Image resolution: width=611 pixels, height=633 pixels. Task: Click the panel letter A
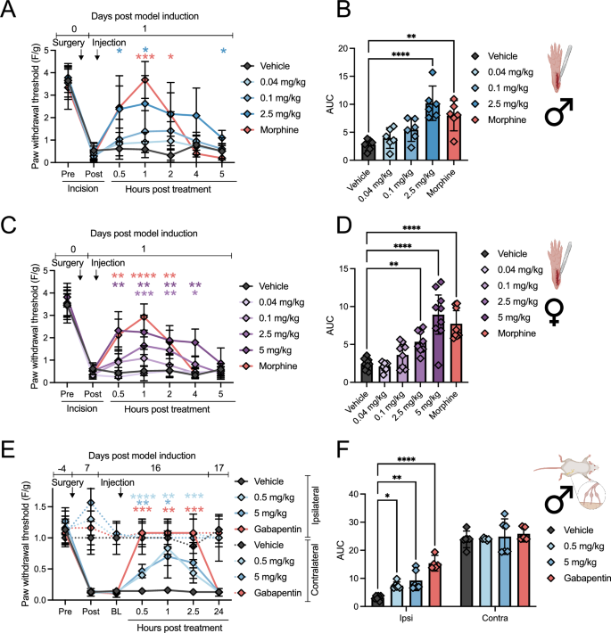point(8,9)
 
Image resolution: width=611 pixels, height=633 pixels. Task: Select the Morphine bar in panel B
point(454,136)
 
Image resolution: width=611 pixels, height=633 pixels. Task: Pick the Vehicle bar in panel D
point(367,372)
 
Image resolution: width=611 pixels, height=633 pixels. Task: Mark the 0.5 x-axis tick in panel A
point(119,174)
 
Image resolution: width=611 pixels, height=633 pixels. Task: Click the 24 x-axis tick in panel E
point(219,612)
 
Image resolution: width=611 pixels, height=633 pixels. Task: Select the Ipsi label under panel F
point(406,618)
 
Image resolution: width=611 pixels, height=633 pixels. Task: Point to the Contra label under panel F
point(495,618)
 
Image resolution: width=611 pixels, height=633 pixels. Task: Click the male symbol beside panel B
point(559,111)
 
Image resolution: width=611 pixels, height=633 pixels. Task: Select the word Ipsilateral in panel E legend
point(316,505)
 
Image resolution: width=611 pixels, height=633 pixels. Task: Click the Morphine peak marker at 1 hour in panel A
point(144,80)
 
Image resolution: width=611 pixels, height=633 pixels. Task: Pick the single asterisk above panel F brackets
point(387,496)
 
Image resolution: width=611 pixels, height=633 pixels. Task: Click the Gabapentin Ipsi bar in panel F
point(434,585)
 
